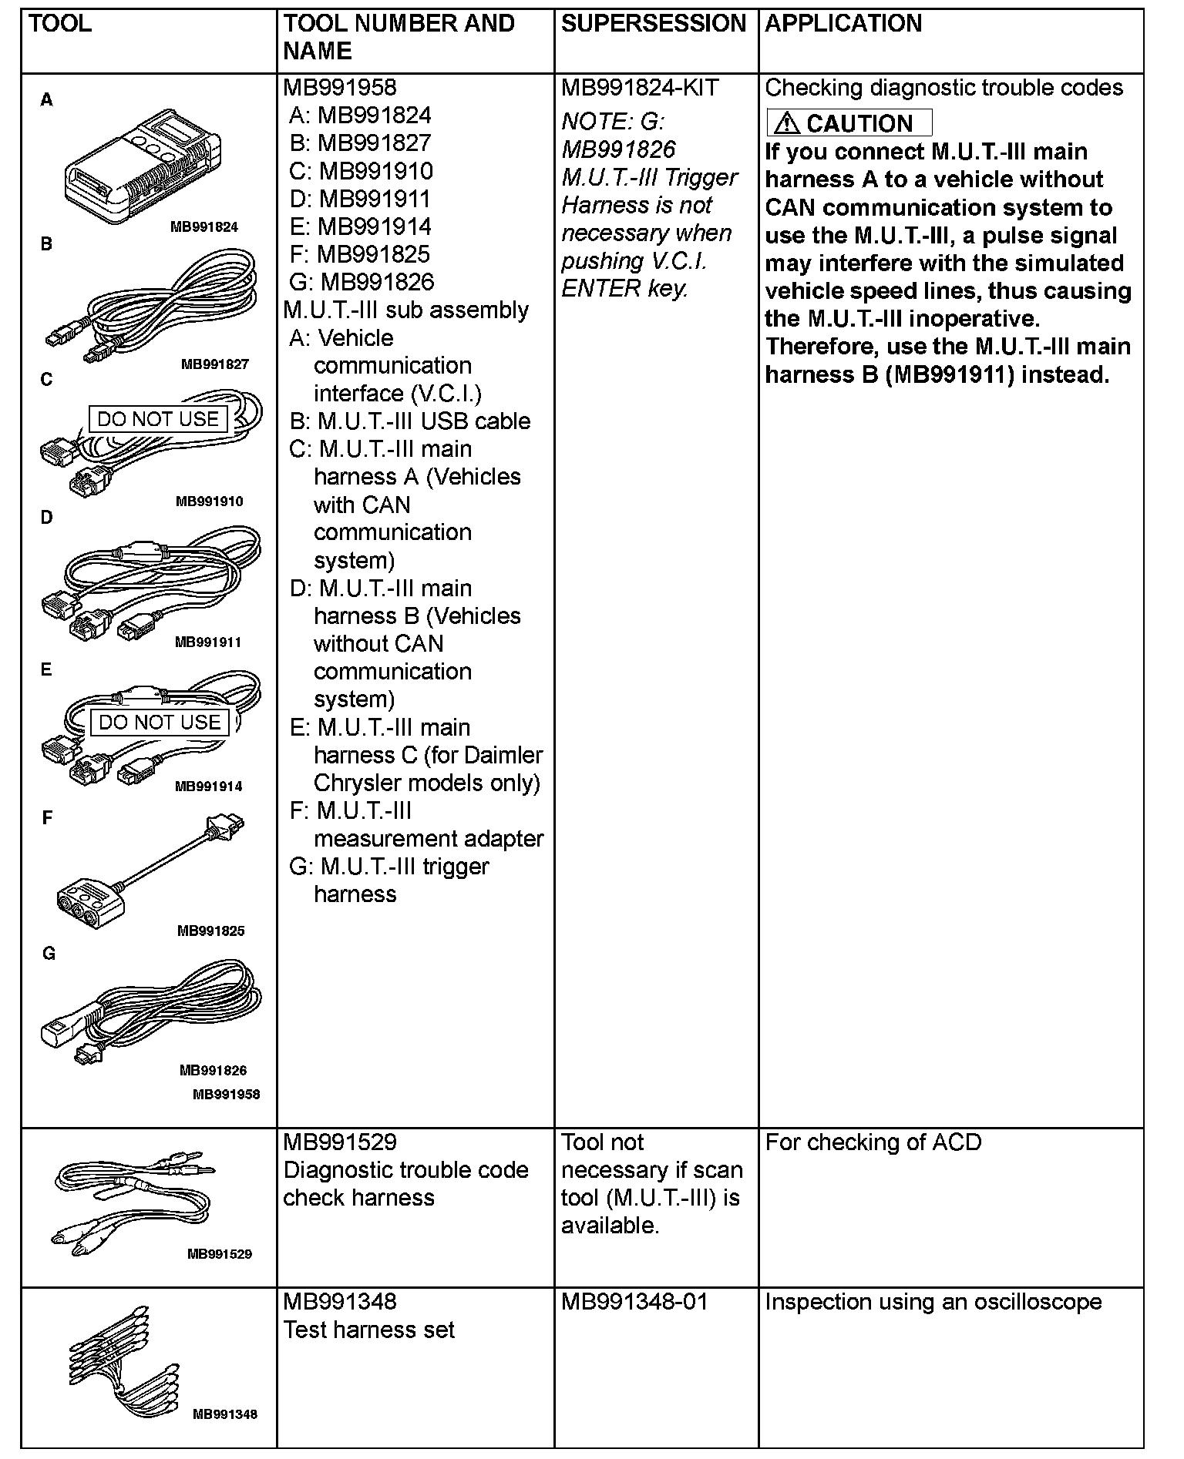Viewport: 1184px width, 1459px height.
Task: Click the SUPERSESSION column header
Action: pyautogui.click(x=653, y=24)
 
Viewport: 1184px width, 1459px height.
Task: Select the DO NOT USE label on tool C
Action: pyautogui.click(x=158, y=419)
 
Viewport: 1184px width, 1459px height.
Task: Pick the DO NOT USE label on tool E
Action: pyautogui.click(x=160, y=723)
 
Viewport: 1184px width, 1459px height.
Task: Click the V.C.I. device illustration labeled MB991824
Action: pyautogui.click(x=143, y=166)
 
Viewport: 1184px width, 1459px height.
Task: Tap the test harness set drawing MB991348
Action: pyautogui.click(x=123, y=1363)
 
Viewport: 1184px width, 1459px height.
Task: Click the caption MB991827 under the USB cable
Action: pyautogui.click(x=214, y=364)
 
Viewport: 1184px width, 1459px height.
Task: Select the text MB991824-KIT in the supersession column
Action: pyautogui.click(x=639, y=88)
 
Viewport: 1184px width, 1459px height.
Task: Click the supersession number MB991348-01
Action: pyautogui.click(x=634, y=1302)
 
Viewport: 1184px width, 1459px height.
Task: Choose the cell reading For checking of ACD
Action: pyautogui.click(x=873, y=1142)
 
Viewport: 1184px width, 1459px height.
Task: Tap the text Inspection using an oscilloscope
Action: pyautogui.click(x=933, y=1302)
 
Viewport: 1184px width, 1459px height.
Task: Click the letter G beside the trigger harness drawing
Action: pyautogui.click(x=49, y=954)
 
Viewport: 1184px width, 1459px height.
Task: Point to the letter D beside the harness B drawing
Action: pyautogui.click(x=47, y=518)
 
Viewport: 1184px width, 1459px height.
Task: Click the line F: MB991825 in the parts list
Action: pyautogui.click(x=359, y=254)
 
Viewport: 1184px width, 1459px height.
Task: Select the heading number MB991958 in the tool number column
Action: pyautogui.click(x=339, y=88)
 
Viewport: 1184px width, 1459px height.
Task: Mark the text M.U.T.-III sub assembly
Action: pyautogui.click(x=405, y=310)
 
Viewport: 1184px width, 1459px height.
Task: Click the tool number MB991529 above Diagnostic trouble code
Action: pyautogui.click(x=339, y=1142)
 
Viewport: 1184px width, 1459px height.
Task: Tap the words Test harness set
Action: pyautogui.click(x=368, y=1330)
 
